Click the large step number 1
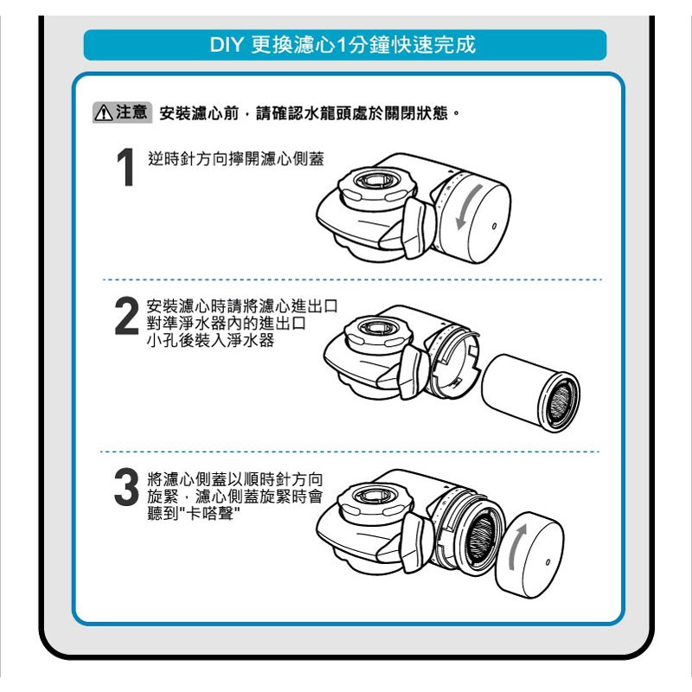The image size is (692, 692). (125, 167)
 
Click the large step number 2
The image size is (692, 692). (126, 316)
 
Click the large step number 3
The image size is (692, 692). (126, 487)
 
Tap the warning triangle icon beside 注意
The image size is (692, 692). (103, 112)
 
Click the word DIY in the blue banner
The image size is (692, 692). (226, 45)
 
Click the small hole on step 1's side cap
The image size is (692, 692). (494, 227)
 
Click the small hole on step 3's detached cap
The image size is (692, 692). (548, 562)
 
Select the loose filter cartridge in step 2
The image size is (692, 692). (530, 393)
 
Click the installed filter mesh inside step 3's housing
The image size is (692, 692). (483, 535)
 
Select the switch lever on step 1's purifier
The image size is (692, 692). (418, 227)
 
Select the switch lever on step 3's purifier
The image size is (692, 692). (416, 541)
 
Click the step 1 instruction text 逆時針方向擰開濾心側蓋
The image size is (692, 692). (236, 159)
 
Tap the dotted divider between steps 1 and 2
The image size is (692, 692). (352, 279)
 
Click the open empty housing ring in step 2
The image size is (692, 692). (455, 362)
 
